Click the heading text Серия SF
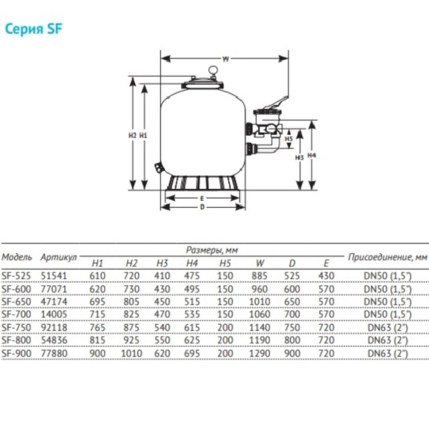pyautogui.click(x=34, y=29)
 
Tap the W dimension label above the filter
pyautogui.click(x=226, y=59)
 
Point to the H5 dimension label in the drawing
pyautogui.click(x=289, y=139)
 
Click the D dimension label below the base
pyautogui.click(x=202, y=207)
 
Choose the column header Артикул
pyautogui.click(x=58, y=257)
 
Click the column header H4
pyautogui.click(x=192, y=263)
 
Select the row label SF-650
pyautogui.click(x=17, y=301)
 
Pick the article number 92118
pyautogui.click(x=54, y=327)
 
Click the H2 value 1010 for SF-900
pyautogui.click(x=131, y=353)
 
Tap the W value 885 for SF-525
pyautogui.click(x=260, y=276)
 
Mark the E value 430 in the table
pyautogui.click(x=327, y=276)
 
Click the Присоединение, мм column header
pyautogui.click(x=387, y=257)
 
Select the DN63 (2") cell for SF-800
pyautogui.click(x=387, y=340)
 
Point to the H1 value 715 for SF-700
pyautogui.click(x=98, y=314)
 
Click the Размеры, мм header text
pyautogui.click(x=212, y=250)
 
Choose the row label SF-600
pyautogui.click(x=17, y=289)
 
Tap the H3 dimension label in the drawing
pyautogui.click(x=300, y=157)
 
